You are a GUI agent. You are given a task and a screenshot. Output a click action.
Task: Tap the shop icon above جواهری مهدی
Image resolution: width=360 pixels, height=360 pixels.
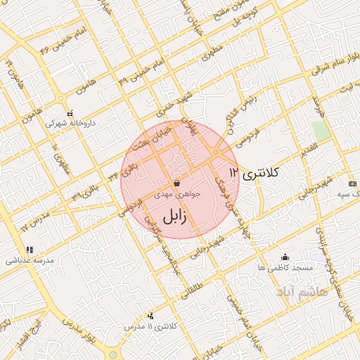click(x=175, y=183)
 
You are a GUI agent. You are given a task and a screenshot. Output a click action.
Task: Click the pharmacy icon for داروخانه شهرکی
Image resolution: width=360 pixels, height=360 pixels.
click(x=70, y=114)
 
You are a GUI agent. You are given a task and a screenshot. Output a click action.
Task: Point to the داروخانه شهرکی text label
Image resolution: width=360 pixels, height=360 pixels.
click(x=70, y=123)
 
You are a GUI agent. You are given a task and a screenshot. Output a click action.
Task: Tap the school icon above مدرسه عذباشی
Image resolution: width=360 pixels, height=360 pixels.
click(x=30, y=250)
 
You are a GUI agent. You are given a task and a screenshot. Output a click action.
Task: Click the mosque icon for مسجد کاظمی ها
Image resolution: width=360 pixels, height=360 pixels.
click(x=284, y=257)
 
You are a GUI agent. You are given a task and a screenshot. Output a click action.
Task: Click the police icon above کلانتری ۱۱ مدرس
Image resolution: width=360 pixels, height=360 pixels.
click(x=150, y=316)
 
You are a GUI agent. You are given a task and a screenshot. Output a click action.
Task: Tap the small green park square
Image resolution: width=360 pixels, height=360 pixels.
click(x=321, y=131)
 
